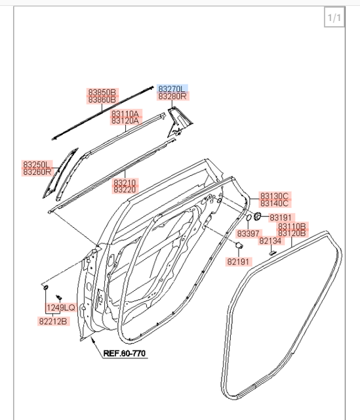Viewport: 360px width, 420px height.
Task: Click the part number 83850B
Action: (x=102, y=92)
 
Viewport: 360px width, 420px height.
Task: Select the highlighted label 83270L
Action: (x=172, y=88)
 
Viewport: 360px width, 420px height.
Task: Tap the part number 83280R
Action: (x=172, y=96)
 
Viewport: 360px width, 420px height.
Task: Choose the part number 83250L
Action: (x=37, y=164)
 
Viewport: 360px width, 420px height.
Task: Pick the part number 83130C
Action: (x=274, y=196)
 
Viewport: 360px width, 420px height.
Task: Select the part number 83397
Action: (x=249, y=233)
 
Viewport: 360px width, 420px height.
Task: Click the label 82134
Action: (x=270, y=241)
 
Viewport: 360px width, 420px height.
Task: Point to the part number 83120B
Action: (x=292, y=233)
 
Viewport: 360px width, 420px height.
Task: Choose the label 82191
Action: (x=239, y=261)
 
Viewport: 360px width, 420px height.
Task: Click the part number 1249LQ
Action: (x=61, y=307)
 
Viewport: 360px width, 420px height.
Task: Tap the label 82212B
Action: (x=52, y=322)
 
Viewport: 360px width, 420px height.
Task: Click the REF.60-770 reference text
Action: (x=125, y=354)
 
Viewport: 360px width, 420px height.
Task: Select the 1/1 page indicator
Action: (x=334, y=18)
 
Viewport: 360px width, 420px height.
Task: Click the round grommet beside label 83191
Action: (x=258, y=217)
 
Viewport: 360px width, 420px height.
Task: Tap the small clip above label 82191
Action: (x=239, y=245)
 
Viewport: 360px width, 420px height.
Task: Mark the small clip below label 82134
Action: (x=273, y=253)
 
